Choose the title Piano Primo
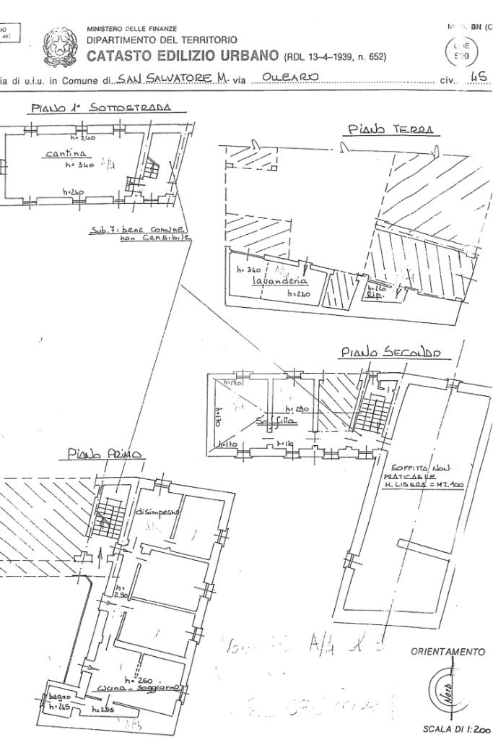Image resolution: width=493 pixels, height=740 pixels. pyautogui.click(x=105, y=454)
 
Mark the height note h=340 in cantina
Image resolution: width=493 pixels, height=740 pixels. pyautogui.click(x=79, y=165)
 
